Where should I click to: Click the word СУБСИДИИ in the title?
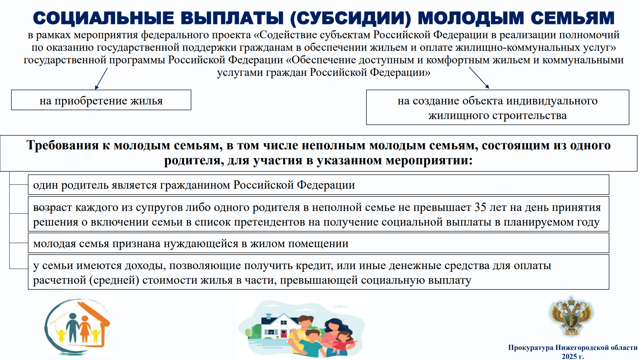(350, 18)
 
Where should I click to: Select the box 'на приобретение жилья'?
(101, 100)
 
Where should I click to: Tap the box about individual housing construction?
(498, 107)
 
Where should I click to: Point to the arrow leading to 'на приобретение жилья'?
(101, 79)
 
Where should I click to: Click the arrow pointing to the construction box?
(479, 78)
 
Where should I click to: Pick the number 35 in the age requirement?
(480, 207)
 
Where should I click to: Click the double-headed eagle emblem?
(571, 316)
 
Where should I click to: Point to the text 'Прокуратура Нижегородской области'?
(573, 347)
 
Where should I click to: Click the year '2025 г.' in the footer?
(573, 356)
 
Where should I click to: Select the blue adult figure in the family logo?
(73, 328)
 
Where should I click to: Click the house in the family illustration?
(275, 326)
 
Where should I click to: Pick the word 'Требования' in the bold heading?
(63, 145)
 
